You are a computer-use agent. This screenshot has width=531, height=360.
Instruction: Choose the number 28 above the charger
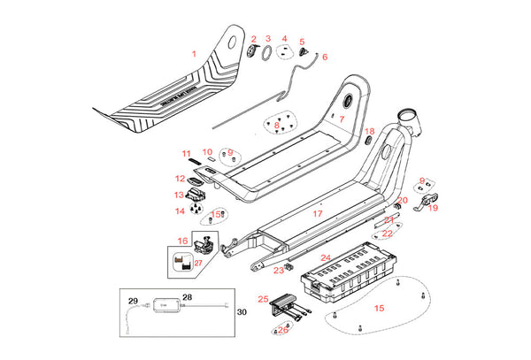tap(187, 297)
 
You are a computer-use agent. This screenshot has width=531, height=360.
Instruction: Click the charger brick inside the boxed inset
tap(165, 305)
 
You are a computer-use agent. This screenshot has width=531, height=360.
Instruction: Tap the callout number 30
tap(242, 311)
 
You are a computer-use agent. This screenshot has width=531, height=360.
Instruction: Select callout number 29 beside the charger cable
tap(135, 301)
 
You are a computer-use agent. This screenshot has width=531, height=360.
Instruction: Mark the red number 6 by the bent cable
tap(324, 57)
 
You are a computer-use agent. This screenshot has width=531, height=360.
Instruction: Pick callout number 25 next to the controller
tap(263, 299)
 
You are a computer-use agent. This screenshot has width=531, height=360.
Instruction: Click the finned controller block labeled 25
tap(286, 303)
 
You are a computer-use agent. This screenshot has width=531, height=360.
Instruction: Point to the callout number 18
tap(370, 131)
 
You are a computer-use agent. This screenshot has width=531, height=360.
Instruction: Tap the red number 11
tap(187, 153)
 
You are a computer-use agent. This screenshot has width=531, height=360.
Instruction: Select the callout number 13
tap(179, 195)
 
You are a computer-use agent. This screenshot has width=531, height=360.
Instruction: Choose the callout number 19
tap(433, 208)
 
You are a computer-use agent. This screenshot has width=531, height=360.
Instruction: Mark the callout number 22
tap(388, 234)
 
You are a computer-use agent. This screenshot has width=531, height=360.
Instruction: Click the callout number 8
tap(277, 126)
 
